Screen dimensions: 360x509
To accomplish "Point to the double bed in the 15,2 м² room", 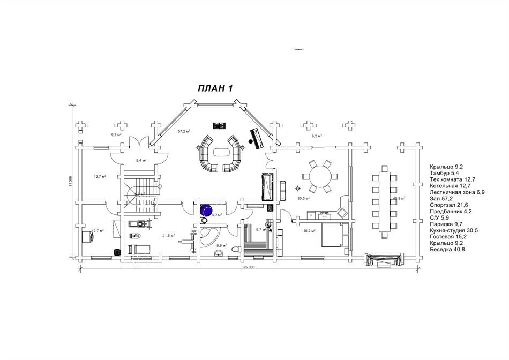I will point(334,235).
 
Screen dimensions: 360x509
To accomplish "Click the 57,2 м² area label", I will point(184,131).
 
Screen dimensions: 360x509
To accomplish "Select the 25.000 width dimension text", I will point(248,266).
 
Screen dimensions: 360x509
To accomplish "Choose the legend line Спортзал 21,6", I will point(449,205).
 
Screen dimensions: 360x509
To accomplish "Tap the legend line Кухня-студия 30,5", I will point(453,231).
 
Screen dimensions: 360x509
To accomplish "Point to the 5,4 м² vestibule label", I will point(141,160).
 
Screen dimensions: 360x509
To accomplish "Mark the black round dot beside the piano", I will point(250,141).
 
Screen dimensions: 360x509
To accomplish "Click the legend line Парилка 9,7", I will point(446,224).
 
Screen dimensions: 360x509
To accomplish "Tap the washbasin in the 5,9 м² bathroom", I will point(214,253).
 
